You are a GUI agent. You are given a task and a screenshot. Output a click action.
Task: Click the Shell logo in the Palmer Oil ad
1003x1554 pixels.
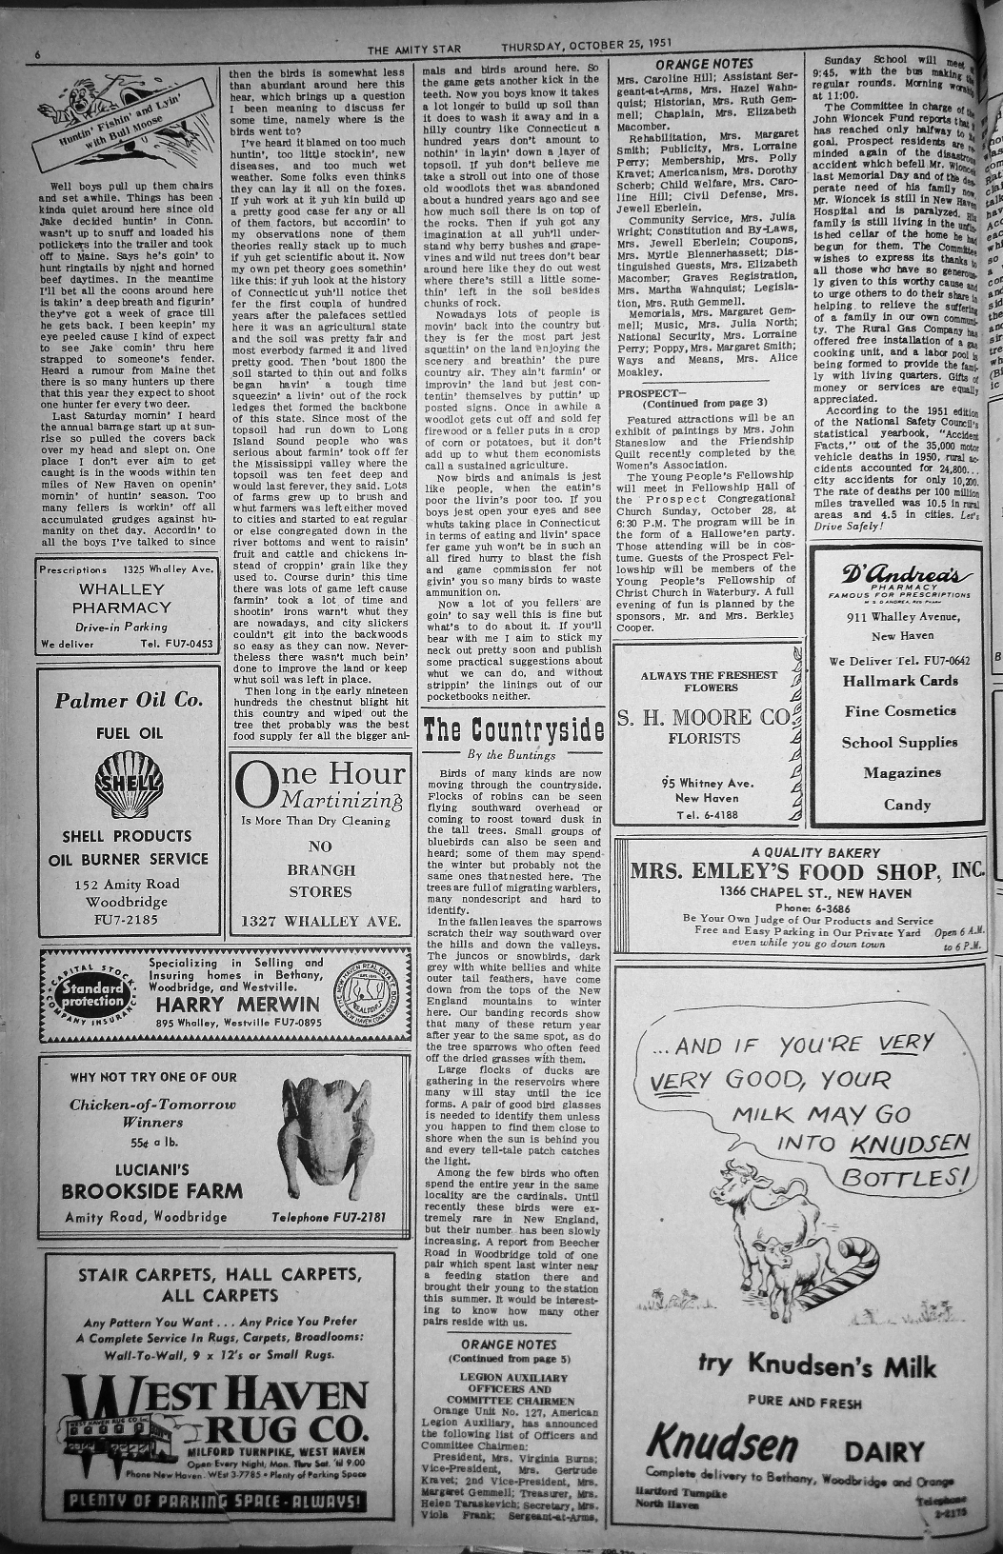[128, 783]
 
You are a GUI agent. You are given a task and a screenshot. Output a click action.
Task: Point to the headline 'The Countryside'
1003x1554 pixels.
[513, 729]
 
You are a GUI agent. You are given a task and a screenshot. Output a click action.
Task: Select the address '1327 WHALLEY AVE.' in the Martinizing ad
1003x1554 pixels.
[320, 921]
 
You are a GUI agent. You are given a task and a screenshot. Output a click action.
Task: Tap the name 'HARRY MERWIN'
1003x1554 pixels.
[238, 1005]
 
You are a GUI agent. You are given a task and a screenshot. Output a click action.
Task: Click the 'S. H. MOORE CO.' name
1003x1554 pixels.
[703, 716]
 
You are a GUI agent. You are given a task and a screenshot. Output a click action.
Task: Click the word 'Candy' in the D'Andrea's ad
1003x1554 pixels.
[907, 805]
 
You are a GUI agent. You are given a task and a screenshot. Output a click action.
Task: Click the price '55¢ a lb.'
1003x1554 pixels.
[152, 1143]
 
